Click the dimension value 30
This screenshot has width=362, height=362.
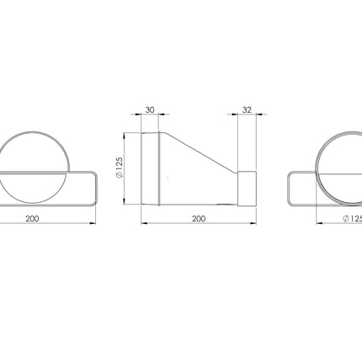click(x=150, y=109)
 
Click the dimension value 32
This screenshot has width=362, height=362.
click(x=247, y=109)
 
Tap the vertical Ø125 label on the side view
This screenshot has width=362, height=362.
click(x=120, y=168)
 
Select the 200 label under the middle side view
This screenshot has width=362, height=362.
click(x=199, y=218)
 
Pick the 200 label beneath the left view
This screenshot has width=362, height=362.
click(x=32, y=218)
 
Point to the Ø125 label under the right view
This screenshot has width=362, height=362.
click(x=353, y=218)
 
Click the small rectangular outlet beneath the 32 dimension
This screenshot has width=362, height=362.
click(x=247, y=189)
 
